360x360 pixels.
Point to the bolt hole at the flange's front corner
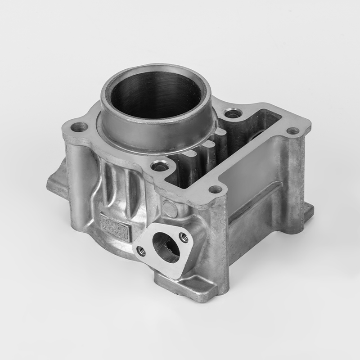[216, 189]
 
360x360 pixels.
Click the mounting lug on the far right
[308, 209]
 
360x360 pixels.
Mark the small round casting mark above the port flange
[170, 208]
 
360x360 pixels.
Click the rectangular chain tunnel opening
[243, 148]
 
